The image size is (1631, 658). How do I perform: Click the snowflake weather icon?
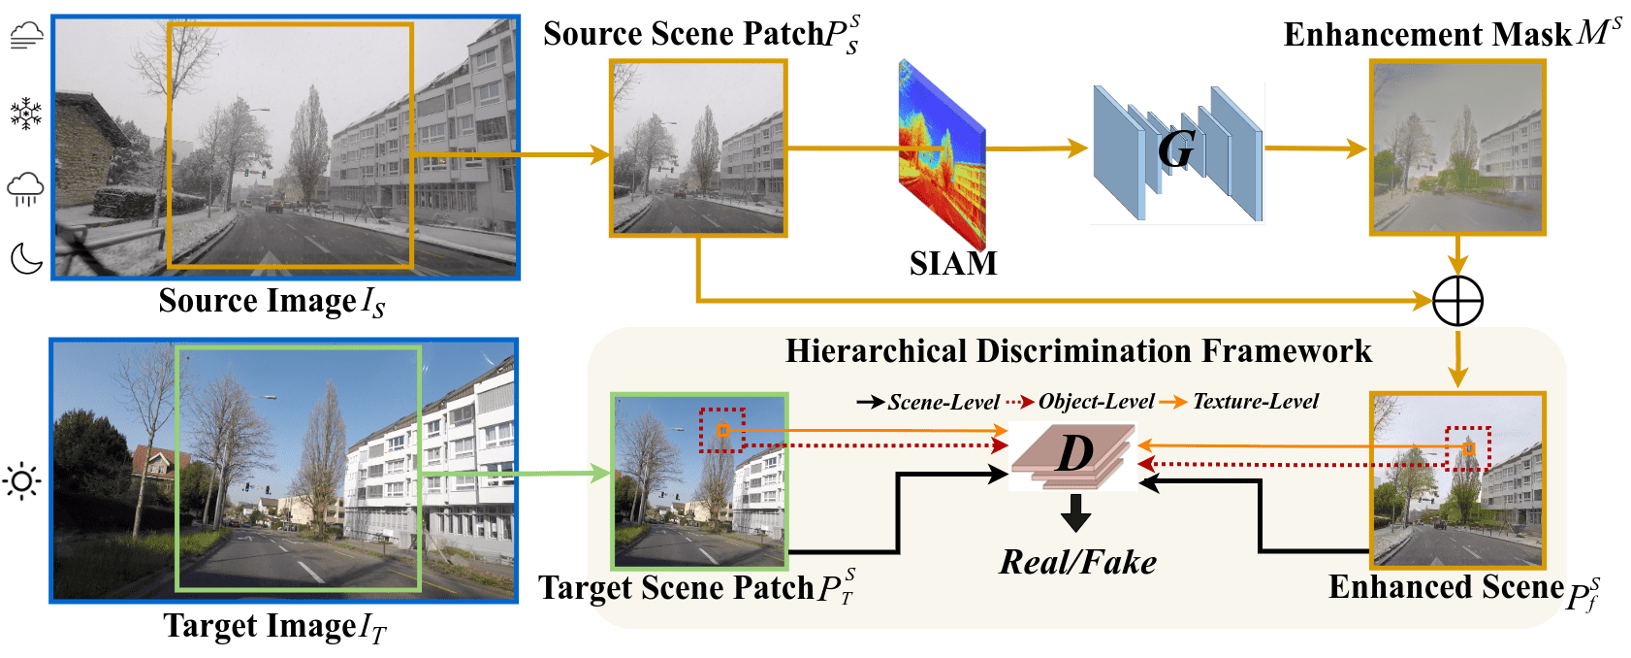[x=25, y=114]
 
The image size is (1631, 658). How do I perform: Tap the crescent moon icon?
[x=25, y=259]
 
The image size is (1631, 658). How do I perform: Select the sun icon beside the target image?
[x=22, y=481]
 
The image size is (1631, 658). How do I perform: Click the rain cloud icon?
[x=25, y=189]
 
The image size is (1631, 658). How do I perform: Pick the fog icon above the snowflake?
[x=26, y=35]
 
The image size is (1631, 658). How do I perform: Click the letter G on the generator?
[x=1176, y=149]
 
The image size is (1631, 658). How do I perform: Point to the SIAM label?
[x=953, y=263]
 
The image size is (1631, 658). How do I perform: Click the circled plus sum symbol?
[x=1457, y=301]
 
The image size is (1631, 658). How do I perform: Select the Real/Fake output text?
[x=1077, y=562]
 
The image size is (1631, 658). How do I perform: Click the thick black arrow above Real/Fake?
[x=1075, y=513]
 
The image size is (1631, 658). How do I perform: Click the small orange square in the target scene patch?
[x=722, y=431]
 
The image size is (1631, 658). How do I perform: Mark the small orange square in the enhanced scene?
[x=1469, y=449]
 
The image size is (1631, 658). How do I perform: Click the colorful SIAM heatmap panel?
[x=943, y=153]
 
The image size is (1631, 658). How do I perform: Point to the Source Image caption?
[x=272, y=302]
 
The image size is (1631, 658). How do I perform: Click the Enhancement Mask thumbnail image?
[x=1457, y=148]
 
